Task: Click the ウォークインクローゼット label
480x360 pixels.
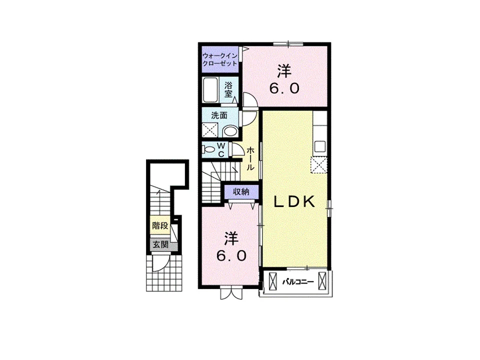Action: [220, 59]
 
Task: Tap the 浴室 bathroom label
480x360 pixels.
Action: [228, 89]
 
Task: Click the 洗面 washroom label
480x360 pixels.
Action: [219, 115]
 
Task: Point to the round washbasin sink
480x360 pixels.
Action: [229, 132]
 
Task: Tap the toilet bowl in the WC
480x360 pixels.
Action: [209, 149]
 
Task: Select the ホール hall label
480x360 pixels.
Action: [250, 158]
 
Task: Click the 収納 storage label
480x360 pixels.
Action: [241, 192]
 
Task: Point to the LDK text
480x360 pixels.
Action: [294, 202]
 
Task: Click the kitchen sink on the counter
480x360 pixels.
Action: [320, 146]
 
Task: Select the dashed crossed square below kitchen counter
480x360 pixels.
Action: [319, 165]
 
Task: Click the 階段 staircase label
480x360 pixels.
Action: [160, 226]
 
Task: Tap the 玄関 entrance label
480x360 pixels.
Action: [160, 244]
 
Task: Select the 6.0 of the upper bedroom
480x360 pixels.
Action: [284, 89]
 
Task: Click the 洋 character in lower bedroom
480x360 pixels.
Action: [231, 239]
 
